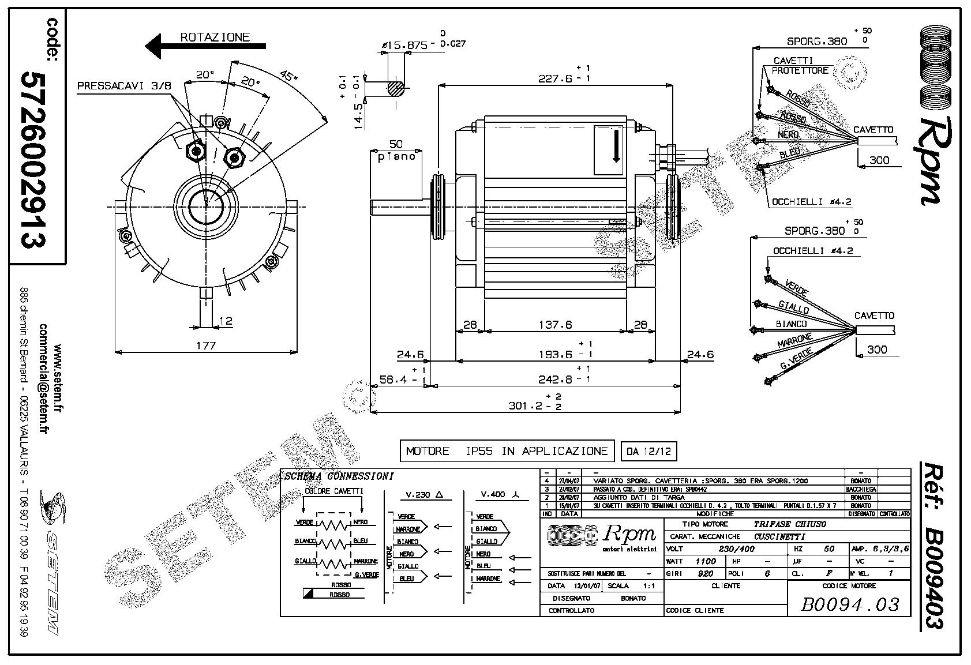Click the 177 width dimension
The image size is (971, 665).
206,345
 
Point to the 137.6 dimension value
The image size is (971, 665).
555,325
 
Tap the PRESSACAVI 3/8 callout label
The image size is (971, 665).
124,86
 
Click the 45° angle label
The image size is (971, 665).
288,77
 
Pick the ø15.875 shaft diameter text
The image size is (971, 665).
404,45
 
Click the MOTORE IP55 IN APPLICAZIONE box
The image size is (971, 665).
507,451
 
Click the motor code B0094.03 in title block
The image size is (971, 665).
850,604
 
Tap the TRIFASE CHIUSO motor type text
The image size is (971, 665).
790,524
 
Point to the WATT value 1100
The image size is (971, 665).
705,561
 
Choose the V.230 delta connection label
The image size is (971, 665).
424,494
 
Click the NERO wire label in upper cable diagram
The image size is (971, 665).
788,134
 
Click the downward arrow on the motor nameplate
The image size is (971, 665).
616,146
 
